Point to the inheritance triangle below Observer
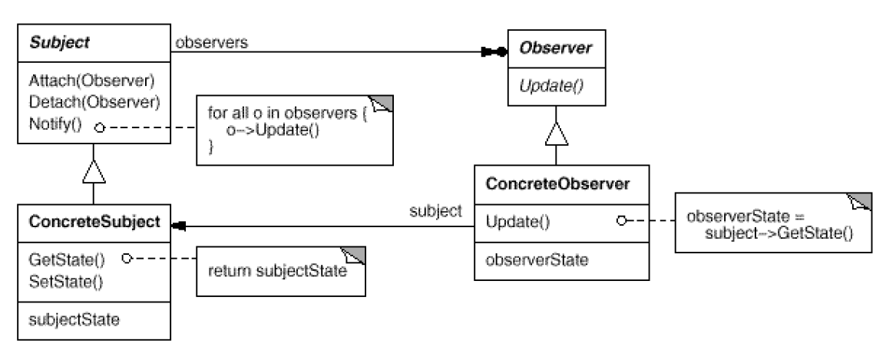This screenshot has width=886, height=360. coord(556,137)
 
